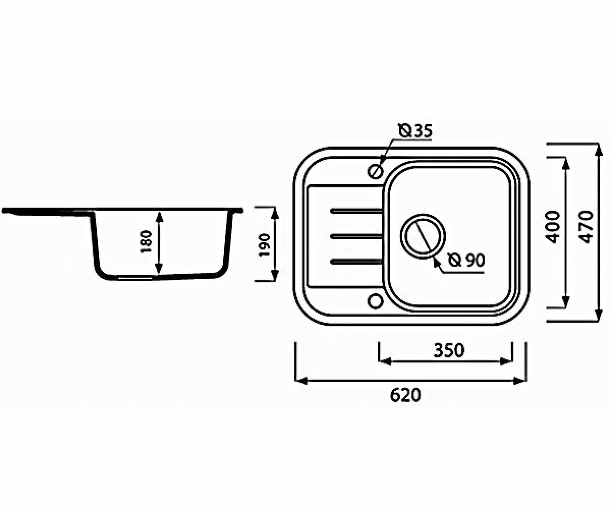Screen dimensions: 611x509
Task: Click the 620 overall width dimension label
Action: (x=406, y=395)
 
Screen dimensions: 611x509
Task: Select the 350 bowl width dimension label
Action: (x=449, y=350)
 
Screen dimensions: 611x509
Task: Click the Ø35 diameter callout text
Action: (x=415, y=131)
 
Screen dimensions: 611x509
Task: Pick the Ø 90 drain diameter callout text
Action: (x=466, y=260)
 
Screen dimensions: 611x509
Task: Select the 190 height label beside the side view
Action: (x=265, y=244)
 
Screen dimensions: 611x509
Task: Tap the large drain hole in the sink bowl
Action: (x=423, y=236)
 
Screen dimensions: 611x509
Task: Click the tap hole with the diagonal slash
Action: (x=375, y=171)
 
